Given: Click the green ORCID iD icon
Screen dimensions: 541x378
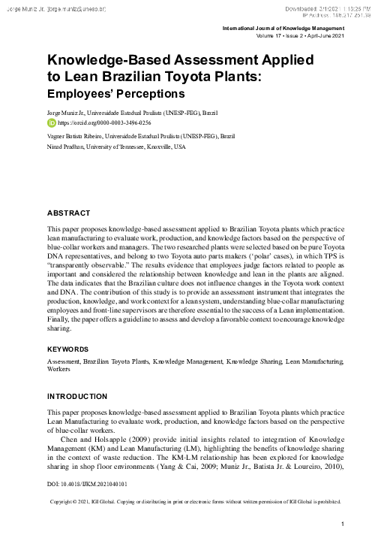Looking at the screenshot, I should coord(51,121).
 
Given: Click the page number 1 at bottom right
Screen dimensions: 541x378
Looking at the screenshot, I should coord(342,524).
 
